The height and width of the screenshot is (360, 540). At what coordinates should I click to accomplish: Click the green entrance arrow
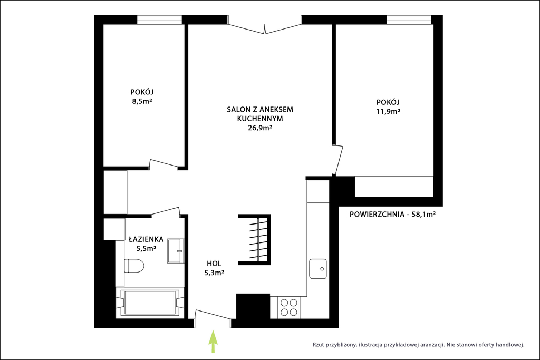point(214,342)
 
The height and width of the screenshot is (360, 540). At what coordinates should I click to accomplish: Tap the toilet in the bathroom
point(134,266)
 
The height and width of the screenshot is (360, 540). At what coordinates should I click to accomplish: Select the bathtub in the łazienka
point(149,303)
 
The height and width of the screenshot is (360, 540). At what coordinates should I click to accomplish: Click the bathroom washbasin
point(176,251)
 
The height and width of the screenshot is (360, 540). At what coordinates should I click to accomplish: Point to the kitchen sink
point(318,268)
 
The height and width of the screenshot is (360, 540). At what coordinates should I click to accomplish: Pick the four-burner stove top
point(289,307)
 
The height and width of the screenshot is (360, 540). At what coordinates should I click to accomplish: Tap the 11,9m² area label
point(388,112)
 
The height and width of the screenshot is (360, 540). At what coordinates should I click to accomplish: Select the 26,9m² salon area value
point(260,128)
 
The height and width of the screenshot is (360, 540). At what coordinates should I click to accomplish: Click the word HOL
point(214,264)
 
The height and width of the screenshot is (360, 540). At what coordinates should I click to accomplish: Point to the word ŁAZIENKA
point(146,239)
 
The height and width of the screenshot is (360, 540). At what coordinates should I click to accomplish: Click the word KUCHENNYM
point(260,119)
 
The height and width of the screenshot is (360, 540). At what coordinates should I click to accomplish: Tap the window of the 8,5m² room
point(159,20)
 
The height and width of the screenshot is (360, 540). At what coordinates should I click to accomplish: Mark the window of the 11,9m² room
point(409,20)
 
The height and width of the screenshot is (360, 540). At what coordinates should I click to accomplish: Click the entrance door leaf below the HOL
point(213,315)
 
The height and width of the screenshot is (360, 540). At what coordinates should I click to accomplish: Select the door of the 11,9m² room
point(339,161)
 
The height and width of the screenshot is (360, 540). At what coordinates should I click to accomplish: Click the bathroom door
point(166,211)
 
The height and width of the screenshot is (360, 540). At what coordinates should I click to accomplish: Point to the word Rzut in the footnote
point(318,345)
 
